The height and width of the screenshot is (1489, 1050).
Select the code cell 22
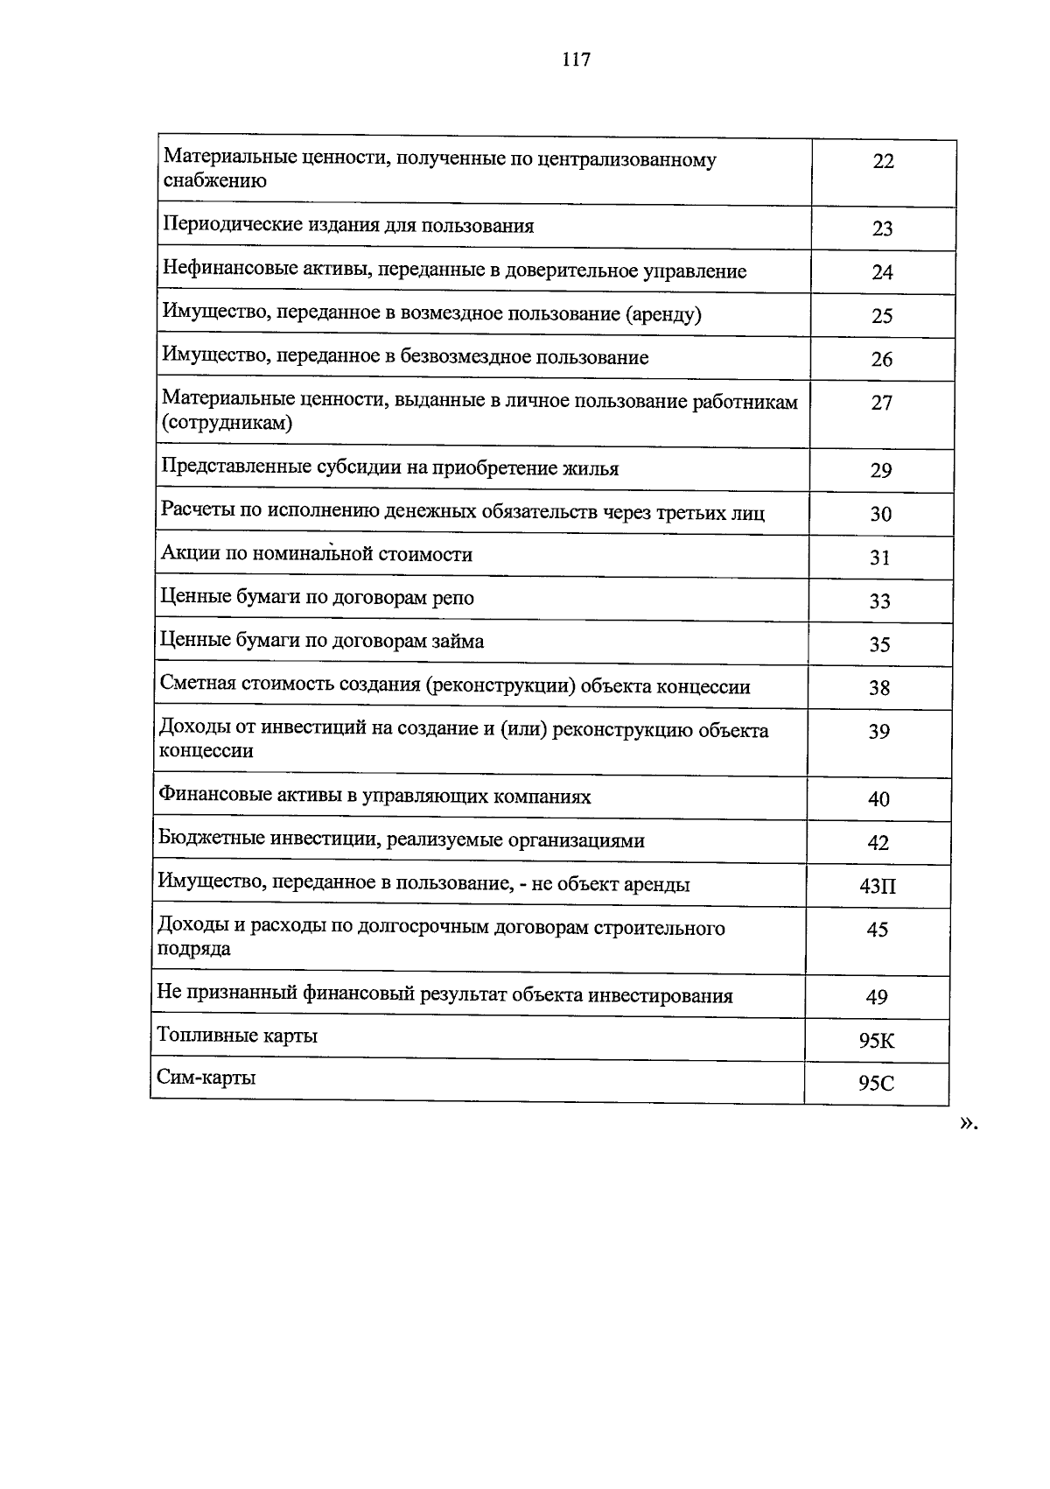883,161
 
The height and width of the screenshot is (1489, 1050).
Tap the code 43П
878,886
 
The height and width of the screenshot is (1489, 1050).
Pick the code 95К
877,1041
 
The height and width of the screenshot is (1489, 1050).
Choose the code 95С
876,1084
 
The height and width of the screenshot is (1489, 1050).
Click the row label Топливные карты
237,1036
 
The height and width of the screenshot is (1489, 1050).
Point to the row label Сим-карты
206,1078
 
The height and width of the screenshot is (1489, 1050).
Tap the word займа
456,642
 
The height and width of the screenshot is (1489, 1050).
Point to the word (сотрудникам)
227,424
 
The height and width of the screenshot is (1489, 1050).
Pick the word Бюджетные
211,840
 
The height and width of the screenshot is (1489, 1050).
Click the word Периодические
232,226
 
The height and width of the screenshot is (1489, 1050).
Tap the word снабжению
214,181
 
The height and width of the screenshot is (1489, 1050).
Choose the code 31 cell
880,557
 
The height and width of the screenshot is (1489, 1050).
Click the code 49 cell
877,997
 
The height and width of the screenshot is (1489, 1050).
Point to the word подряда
194,949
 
